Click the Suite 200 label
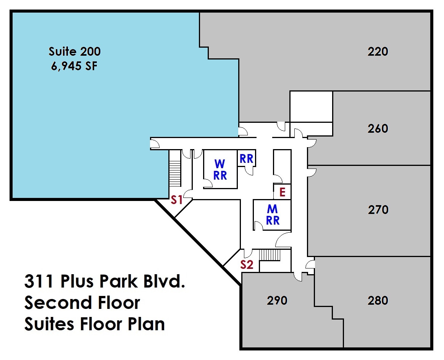click(74, 51)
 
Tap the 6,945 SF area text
click(74, 66)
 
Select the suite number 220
click(378, 51)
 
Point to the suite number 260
click(378, 129)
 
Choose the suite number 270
click(378, 210)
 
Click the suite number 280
click(378, 301)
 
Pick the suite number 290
click(277, 301)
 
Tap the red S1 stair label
click(176, 199)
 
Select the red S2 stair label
click(247, 264)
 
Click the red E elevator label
click(282, 192)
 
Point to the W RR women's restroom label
click(220, 169)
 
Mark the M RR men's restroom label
click(273, 214)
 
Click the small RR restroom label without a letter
click(246, 159)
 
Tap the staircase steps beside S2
click(270, 255)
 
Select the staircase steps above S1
click(174, 174)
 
